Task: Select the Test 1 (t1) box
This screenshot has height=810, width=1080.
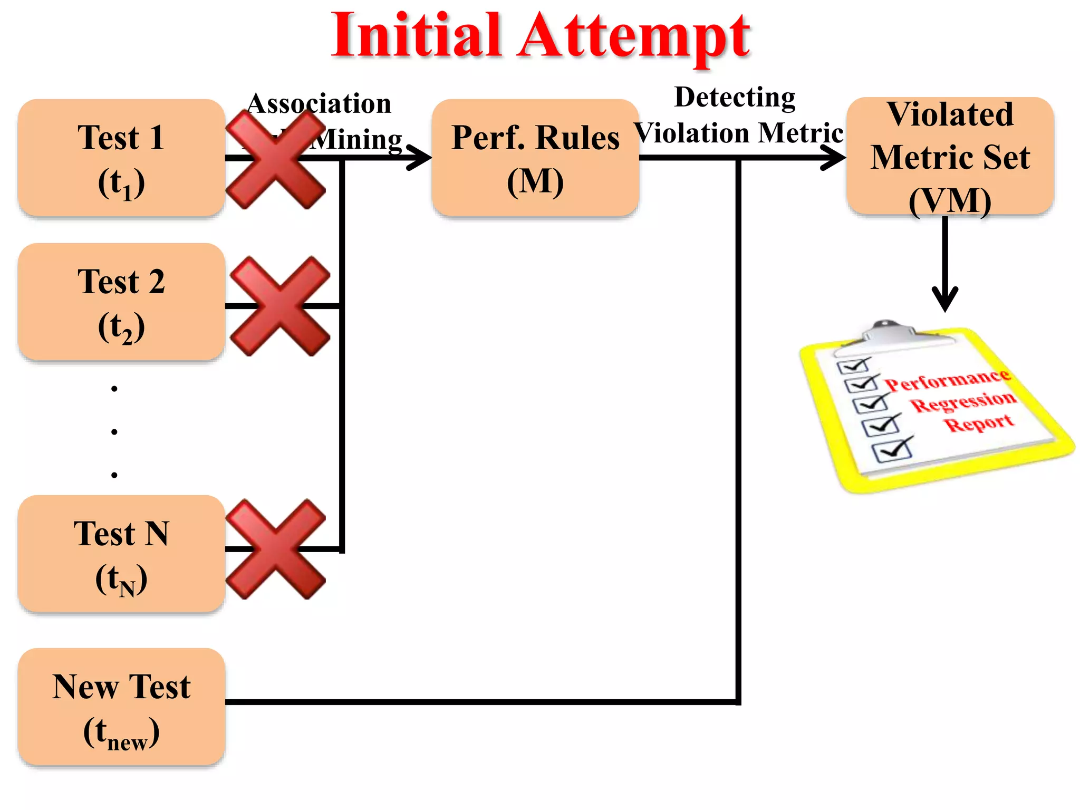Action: coord(121,158)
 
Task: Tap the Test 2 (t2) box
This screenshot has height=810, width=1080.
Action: coord(121,302)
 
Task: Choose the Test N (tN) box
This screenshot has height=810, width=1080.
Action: coord(121,554)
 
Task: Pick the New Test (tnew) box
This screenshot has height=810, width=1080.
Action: coord(121,707)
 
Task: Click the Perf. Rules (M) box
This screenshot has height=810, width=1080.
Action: coord(535,158)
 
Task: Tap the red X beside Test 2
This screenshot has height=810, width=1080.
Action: coord(280,306)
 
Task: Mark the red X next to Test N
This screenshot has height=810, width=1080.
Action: coord(275,549)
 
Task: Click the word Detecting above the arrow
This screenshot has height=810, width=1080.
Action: coord(735,98)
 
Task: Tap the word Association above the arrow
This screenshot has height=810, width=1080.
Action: coord(320,104)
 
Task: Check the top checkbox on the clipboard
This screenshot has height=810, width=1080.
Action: coord(852,365)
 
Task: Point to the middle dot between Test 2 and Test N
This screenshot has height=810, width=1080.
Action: coord(114,432)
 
